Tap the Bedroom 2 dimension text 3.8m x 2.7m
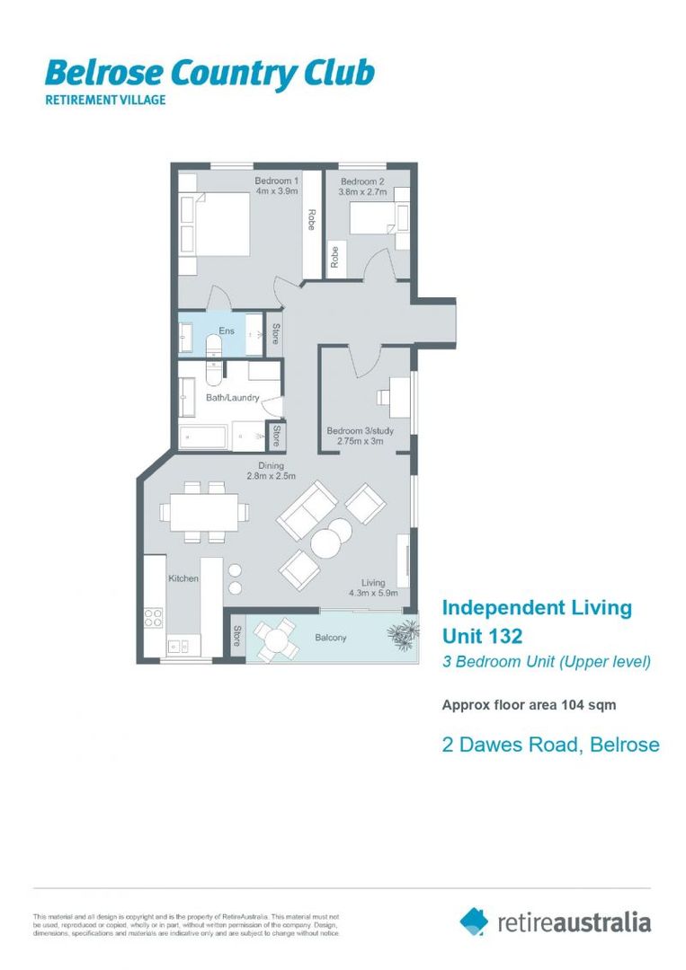coord(363,192)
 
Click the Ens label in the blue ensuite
coord(227,331)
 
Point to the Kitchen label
coord(183,579)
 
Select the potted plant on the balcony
coord(402,634)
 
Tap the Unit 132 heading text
coord(482,636)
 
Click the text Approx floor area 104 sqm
coord(529,705)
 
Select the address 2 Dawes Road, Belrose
coord(550,745)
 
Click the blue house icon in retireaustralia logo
coord(474,921)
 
